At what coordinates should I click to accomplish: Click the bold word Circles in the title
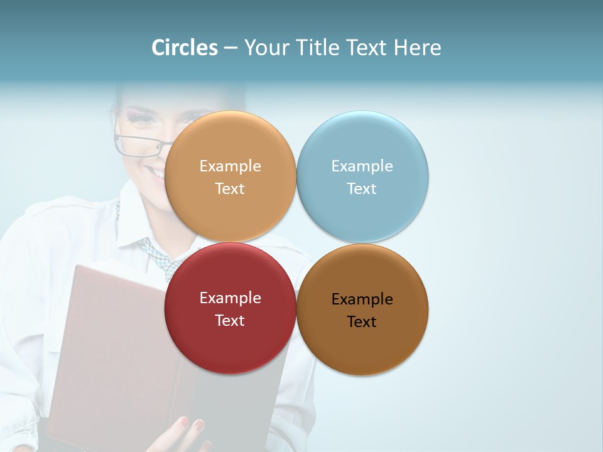[x=185, y=48]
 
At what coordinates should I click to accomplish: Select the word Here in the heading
[x=417, y=48]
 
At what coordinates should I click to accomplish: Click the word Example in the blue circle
[x=362, y=166]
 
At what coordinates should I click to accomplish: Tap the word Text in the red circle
[x=230, y=321]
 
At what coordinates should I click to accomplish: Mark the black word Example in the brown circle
[x=362, y=299]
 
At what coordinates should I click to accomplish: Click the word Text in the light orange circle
[x=230, y=189]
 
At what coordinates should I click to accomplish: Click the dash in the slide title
[x=231, y=48]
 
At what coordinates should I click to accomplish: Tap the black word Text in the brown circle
[x=362, y=322]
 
